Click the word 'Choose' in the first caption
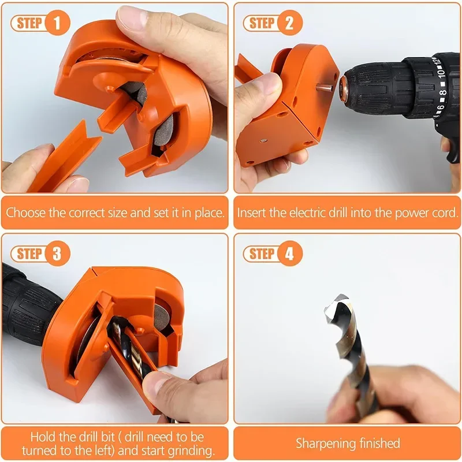click(26, 212)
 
